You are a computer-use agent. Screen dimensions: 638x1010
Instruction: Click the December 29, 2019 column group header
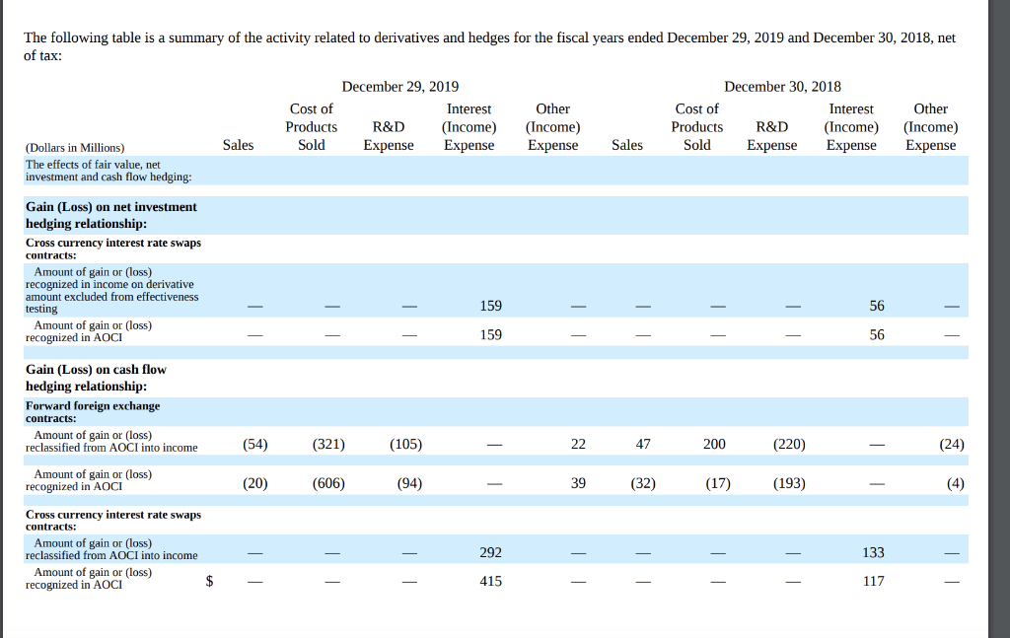tap(399, 87)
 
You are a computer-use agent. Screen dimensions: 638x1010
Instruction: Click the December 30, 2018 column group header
tap(782, 87)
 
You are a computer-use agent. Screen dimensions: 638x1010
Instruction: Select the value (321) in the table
tap(328, 444)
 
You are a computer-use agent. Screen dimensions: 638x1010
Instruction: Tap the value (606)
tap(328, 483)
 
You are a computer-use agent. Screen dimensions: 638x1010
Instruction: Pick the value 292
tap(490, 552)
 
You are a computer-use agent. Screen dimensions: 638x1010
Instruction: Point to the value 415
tap(490, 582)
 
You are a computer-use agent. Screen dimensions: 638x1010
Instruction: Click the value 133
tap(873, 552)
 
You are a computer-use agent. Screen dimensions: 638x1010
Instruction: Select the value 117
tap(873, 582)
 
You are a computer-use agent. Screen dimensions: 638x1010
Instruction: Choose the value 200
tap(714, 444)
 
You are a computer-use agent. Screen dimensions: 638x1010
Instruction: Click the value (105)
tap(405, 444)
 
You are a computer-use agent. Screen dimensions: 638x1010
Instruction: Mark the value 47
tap(643, 444)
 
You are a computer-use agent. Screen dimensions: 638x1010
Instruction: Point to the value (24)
tap(951, 444)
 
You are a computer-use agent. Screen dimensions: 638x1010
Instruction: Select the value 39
tap(578, 483)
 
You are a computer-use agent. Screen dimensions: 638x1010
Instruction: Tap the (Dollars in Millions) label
tap(75, 147)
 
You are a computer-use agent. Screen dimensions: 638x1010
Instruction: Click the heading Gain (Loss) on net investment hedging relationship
tap(110, 215)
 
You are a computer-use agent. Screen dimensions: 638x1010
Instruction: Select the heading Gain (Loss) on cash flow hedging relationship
tap(96, 378)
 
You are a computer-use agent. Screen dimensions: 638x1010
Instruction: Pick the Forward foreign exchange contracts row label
tap(92, 412)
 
